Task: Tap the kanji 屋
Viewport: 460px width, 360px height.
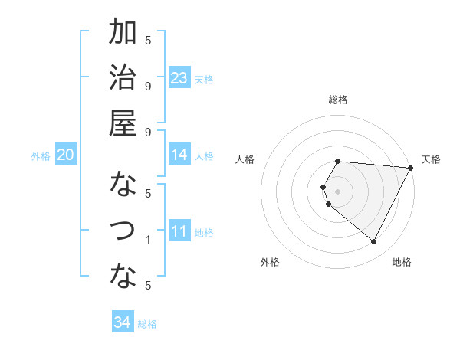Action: point(123,123)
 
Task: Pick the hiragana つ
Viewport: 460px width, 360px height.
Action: point(123,231)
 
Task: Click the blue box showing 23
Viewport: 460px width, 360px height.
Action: point(179,78)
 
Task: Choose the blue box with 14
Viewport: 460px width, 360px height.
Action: point(179,155)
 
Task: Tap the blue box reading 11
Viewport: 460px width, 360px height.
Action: point(179,231)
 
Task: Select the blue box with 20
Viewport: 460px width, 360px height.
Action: point(65,155)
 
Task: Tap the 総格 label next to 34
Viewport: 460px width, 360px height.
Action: point(147,324)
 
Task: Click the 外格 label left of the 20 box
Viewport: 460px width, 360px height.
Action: point(41,156)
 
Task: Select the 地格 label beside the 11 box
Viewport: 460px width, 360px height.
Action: point(204,233)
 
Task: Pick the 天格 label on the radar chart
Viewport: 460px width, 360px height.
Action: point(431,159)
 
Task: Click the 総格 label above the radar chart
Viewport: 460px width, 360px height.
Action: point(338,100)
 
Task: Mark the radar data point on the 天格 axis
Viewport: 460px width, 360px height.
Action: point(412,167)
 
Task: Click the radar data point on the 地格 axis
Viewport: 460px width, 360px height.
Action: point(374,242)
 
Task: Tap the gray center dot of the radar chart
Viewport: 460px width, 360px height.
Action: point(338,191)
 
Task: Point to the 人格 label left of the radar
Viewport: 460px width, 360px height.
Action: point(245,159)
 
